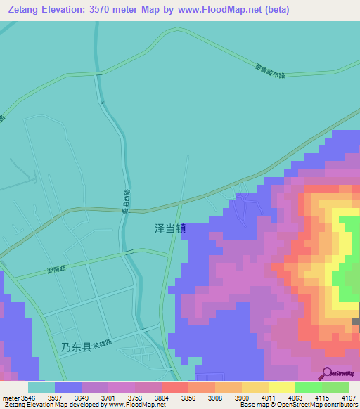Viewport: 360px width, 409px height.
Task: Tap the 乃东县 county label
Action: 76,347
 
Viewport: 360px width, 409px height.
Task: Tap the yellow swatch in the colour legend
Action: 281,387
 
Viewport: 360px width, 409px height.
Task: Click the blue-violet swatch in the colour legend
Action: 68,387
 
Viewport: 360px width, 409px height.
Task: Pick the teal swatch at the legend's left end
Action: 41,387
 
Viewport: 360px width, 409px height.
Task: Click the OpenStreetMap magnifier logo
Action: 326,373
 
